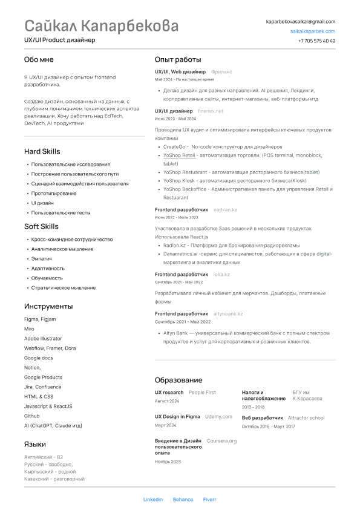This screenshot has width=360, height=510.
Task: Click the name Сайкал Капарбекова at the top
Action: click(x=102, y=26)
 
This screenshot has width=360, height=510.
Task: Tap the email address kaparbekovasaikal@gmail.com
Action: click(x=300, y=21)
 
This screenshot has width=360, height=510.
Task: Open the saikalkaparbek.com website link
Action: click(x=312, y=31)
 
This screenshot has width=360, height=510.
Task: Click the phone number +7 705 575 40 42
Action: click(x=316, y=41)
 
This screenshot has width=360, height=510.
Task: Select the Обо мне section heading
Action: click(x=39, y=59)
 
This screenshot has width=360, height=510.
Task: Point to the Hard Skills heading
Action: click(x=42, y=151)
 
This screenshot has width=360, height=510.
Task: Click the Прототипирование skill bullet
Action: click(x=54, y=193)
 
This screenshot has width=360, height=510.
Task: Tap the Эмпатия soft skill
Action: click(x=42, y=258)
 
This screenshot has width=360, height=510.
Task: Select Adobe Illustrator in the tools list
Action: click(x=43, y=338)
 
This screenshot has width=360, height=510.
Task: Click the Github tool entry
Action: click(x=32, y=416)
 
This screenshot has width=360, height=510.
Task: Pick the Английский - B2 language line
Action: click(x=44, y=457)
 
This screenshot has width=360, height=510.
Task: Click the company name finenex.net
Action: click(x=211, y=111)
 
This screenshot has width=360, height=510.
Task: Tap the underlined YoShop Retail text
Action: click(x=179, y=155)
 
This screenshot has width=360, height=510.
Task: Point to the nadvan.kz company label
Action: click(x=225, y=209)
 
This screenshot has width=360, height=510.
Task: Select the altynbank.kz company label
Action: click(x=228, y=314)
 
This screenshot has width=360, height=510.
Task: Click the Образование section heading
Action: click(x=178, y=380)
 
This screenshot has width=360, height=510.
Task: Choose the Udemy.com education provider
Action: click(x=218, y=416)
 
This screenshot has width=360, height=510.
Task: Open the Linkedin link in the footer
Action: click(x=153, y=499)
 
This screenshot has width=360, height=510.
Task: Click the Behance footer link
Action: click(x=183, y=499)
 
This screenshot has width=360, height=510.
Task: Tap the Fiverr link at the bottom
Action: click(x=209, y=499)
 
